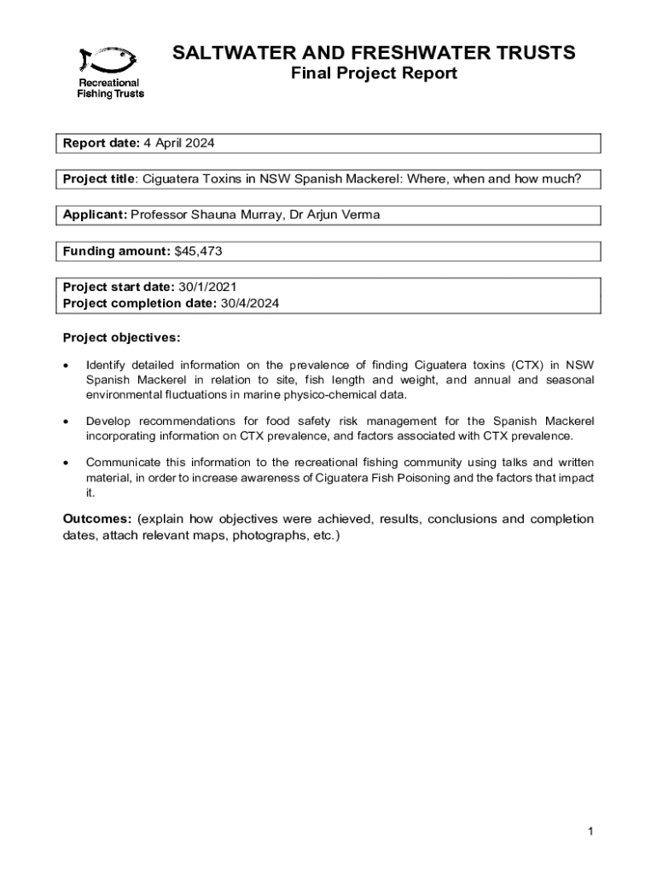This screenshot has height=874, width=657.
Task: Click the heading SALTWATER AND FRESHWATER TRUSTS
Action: (374, 54)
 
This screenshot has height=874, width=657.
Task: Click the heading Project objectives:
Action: (122, 337)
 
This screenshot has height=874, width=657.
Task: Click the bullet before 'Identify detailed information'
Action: (67, 366)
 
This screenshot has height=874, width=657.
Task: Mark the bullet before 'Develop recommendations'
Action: (67, 422)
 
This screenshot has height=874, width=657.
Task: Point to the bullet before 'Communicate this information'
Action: (67, 463)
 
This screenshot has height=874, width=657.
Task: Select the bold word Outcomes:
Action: (97, 519)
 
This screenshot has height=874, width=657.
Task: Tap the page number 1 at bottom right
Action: (590, 832)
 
